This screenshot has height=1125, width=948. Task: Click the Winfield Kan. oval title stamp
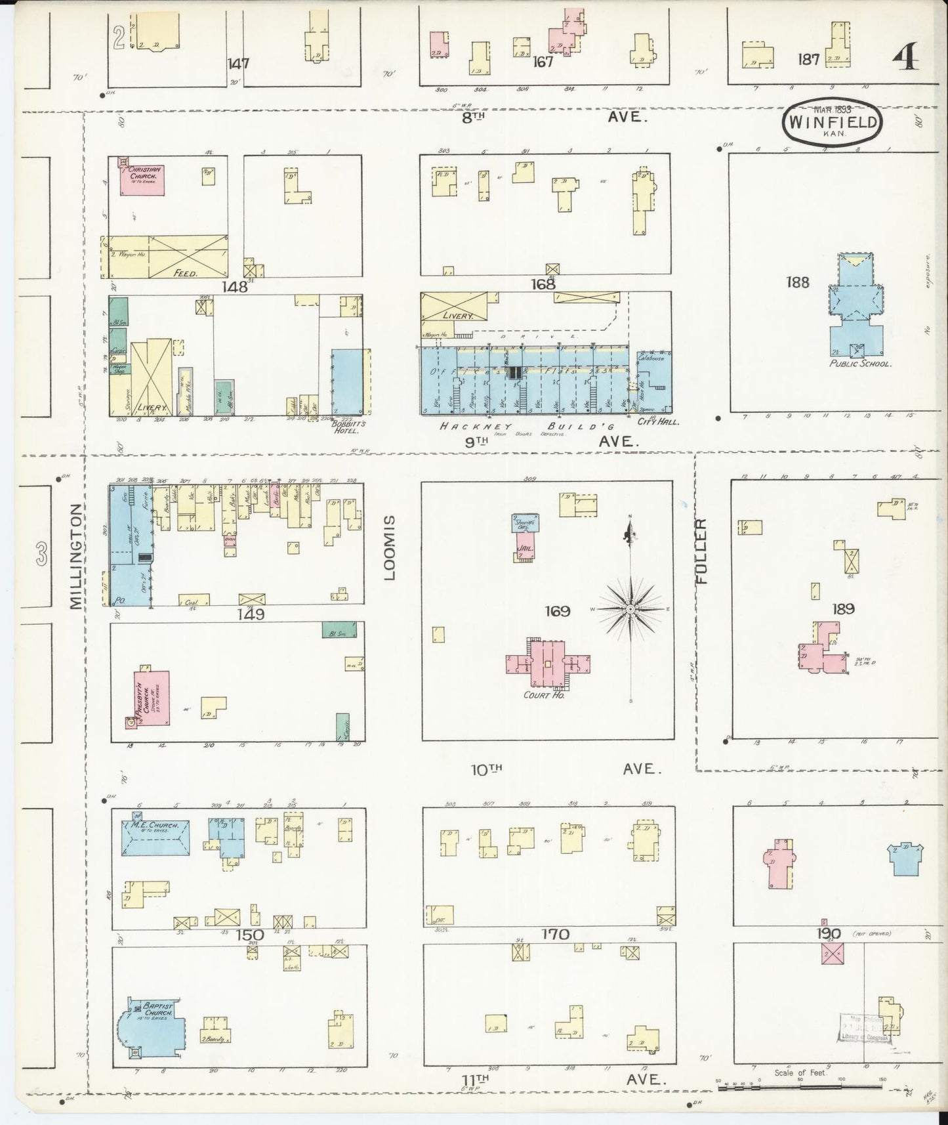(831, 123)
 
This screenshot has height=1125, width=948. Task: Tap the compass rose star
(630, 610)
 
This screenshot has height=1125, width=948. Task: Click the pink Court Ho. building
(548, 664)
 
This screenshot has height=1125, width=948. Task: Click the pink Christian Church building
(141, 180)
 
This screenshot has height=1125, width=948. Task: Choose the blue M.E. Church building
(155, 837)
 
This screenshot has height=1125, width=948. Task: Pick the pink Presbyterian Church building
(152, 698)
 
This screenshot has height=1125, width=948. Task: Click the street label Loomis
(390, 547)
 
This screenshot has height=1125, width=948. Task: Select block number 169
(557, 611)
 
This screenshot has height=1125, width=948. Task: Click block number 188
(797, 283)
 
